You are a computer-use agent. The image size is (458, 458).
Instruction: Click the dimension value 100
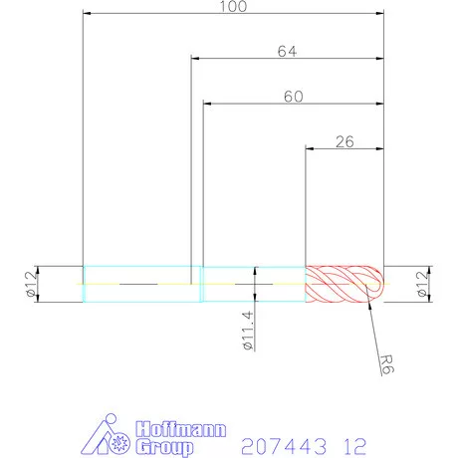click(233, 6)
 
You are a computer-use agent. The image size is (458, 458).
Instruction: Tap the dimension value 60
click(293, 97)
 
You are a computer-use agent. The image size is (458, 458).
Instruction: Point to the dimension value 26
click(344, 142)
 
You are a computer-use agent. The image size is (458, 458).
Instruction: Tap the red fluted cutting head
click(341, 285)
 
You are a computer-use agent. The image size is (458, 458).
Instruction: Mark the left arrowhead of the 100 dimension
click(88, 14)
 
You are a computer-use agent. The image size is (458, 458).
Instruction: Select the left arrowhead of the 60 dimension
click(207, 104)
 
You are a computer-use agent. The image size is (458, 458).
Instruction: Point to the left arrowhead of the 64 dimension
click(194, 58)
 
